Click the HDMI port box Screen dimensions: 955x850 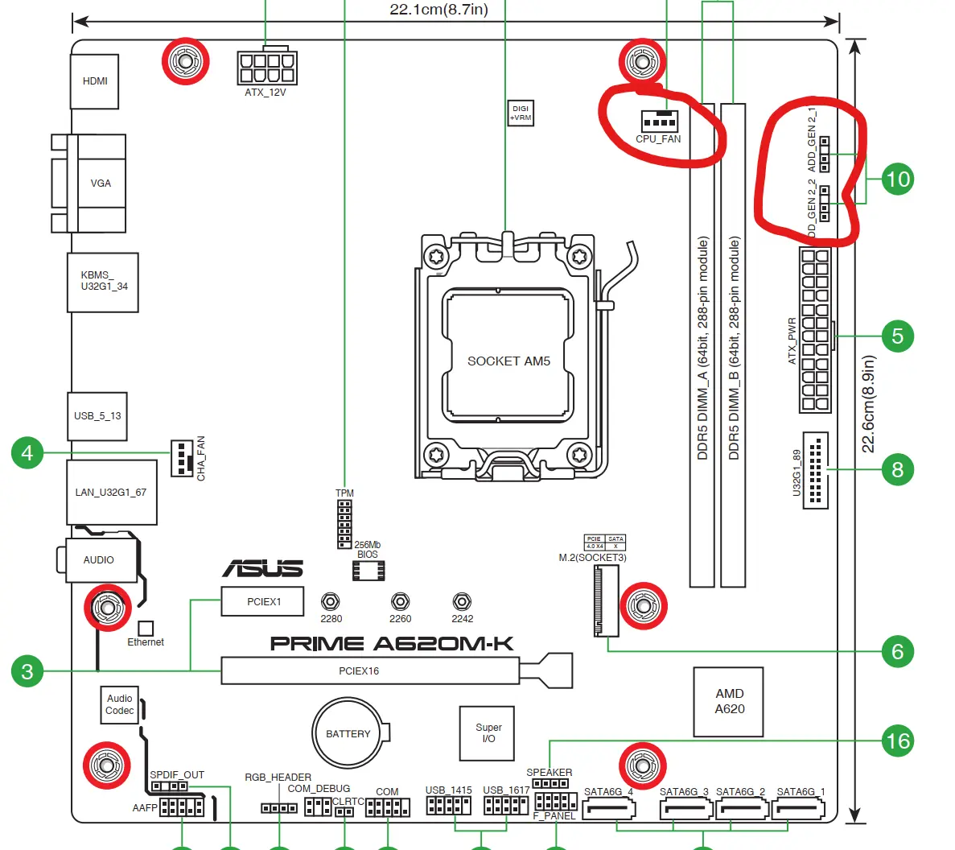[x=94, y=81]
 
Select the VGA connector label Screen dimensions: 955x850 [x=101, y=183]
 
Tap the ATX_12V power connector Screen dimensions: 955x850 [x=267, y=67]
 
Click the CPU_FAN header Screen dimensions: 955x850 [x=660, y=122]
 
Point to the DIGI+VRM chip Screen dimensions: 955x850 [x=521, y=113]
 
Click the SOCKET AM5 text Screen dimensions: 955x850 [x=508, y=361]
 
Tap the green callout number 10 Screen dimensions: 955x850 [x=898, y=179]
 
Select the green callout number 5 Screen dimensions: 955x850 [x=898, y=336]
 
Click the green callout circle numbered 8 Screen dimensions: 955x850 [x=898, y=470]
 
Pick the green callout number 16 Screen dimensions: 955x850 [x=898, y=741]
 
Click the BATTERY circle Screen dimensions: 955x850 [x=347, y=733]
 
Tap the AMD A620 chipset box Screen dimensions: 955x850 [x=728, y=701]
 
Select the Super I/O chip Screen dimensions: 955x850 [x=487, y=733]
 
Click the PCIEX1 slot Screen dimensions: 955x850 [x=262, y=601]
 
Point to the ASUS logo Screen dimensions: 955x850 [x=262, y=568]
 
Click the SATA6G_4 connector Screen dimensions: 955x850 [x=609, y=810]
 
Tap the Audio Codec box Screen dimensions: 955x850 [x=119, y=705]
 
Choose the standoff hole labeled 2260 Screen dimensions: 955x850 [x=400, y=602]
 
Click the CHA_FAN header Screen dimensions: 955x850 [x=182, y=458]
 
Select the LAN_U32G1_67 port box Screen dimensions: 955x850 [x=112, y=493]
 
